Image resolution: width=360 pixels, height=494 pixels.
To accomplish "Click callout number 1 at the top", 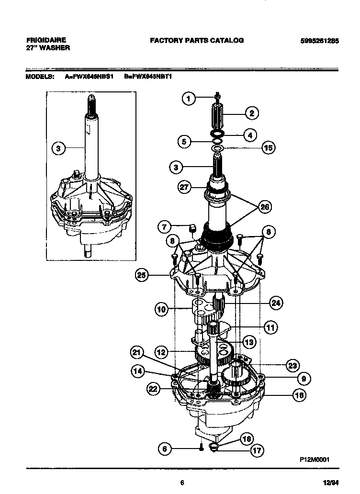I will (x=189, y=99).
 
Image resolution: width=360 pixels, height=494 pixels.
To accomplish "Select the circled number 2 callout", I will (x=251, y=113).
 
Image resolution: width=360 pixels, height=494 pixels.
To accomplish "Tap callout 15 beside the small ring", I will (x=269, y=148).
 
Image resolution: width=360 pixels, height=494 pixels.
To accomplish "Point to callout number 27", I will (x=184, y=187).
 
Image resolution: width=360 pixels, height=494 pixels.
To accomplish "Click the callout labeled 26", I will (x=264, y=207).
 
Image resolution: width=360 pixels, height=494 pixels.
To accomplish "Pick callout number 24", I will (x=276, y=303).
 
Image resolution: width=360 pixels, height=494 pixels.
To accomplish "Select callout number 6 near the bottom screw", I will (x=164, y=449).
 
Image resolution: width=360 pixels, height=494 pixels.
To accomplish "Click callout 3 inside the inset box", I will (x=58, y=149).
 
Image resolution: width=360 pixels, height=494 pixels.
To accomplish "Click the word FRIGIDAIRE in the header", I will (x=46, y=40).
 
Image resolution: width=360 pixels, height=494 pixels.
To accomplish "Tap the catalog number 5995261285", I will (x=319, y=41).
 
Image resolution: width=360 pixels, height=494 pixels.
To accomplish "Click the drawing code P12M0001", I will (x=314, y=459).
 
